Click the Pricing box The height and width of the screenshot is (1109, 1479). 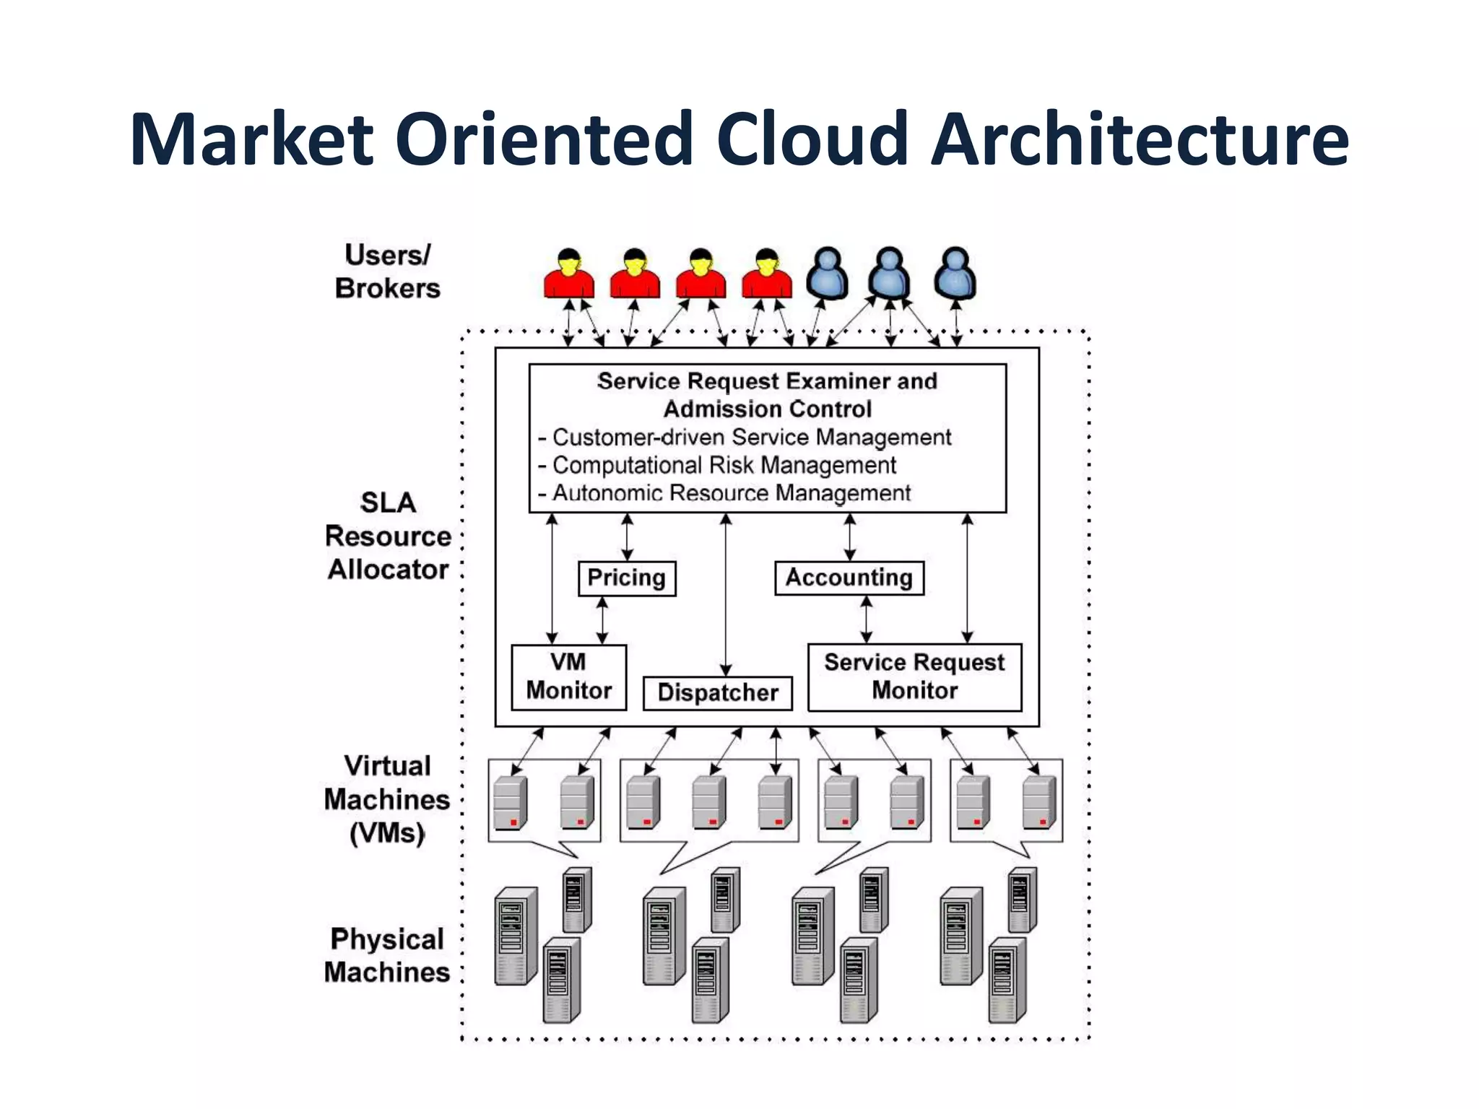(627, 578)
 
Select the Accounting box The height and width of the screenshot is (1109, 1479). (849, 578)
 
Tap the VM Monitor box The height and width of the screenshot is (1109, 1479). (568, 677)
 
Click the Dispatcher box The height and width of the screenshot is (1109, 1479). (717, 693)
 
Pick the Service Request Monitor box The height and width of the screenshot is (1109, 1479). (914, 677)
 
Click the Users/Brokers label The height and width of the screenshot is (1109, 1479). (387, 271)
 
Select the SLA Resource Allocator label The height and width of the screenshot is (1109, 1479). (388, 536)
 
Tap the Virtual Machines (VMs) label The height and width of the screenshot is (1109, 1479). (387, 799)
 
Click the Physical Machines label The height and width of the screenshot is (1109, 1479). (387, 955)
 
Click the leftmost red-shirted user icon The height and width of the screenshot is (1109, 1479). (569, 274)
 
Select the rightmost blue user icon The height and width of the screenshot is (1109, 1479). (955, 274)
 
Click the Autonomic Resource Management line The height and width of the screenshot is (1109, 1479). (724, 494)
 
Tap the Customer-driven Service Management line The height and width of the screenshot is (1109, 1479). (745, 438)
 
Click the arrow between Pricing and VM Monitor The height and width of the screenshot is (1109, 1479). (602, 620)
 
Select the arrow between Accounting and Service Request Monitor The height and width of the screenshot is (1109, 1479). (867, 619)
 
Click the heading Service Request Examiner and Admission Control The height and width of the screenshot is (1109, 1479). (767, 395)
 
